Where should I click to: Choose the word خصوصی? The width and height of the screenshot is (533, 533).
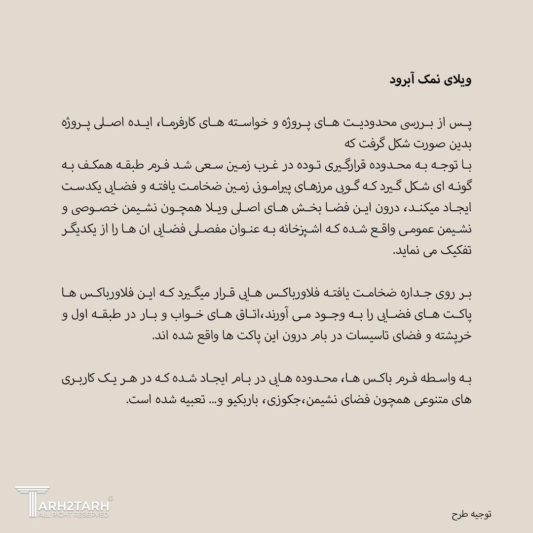(x=88, y=207)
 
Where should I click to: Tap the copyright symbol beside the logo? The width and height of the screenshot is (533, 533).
(x=110, y=498)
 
